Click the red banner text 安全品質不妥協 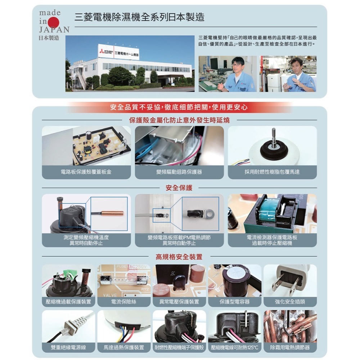coord(179,107)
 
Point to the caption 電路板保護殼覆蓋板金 coord(86,172)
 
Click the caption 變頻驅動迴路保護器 coord(179,172)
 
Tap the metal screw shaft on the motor coord(274,138)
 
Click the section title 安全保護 coord(179,188)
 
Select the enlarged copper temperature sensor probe coord(112,213)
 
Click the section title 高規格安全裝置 coord(179,257)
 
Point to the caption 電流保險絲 coord(124,302)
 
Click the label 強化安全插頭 coord(290,302)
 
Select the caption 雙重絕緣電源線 coord(68,347)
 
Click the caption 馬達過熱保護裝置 coord(124,347)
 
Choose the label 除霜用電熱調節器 coord(290,347)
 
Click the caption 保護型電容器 coord(235,302)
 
